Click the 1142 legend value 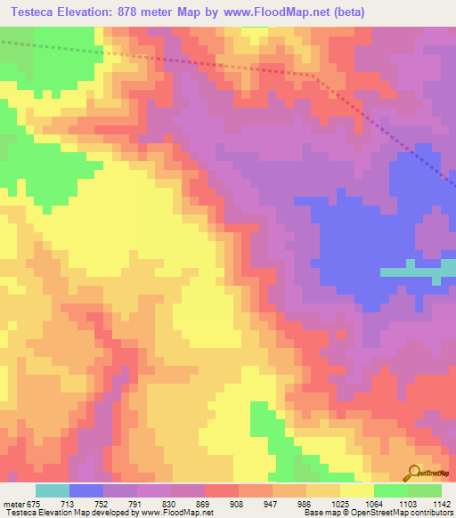coord(443,503)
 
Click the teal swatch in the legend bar coord(53,490)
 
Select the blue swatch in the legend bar coord(86,490)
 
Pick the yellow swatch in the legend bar coord(357,490)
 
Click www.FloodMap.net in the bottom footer coord(175,513)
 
